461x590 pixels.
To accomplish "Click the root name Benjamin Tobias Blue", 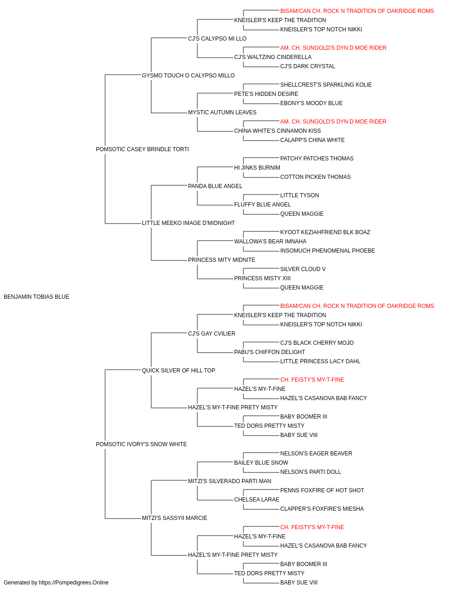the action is click(36, 297).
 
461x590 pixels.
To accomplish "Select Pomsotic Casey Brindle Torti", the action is click(142, 149).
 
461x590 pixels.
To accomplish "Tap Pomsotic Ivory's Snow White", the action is click(141, 444).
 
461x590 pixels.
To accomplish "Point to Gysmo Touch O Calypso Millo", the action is click(188, 76).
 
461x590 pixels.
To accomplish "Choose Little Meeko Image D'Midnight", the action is click(188, 223).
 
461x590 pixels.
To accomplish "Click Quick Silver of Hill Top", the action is click(178, 370).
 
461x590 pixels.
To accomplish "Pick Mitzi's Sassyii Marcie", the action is click(174, 518).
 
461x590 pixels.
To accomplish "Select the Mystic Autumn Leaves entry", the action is click(222, 112).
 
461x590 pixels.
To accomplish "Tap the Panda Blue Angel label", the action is click(215, 186).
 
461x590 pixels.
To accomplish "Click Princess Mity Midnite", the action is click(222, 260).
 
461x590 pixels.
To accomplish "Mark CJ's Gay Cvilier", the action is click(212, 333).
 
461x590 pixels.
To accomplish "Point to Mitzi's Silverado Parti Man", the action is click(230, 481).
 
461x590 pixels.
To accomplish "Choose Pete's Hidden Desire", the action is click(266, 94).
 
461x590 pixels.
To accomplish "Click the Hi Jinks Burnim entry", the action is click(257, 167).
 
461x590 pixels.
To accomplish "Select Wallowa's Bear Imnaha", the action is click(270, 242).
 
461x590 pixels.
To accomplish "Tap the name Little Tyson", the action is click(300, 195).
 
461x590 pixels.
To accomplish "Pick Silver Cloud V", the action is click(303, 269).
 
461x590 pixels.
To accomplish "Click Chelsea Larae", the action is click(257, 499).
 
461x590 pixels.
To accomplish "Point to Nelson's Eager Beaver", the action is click(316, 453).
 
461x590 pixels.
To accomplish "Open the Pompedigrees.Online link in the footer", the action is click(73, 583).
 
